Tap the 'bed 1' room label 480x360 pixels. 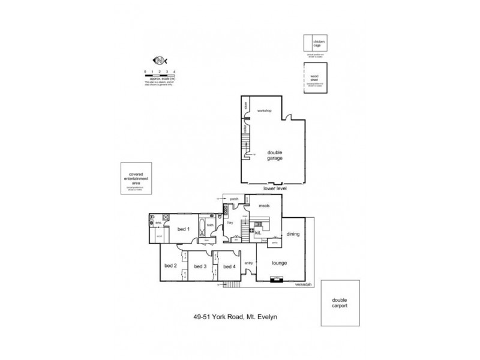pyautogui.click(x=184, y=229)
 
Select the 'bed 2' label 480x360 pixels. pyautogui.click(x=170, y=265)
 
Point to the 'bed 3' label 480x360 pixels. pyautogui.click(x=201, y=266)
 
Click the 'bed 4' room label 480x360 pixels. pyautogui.click(x=229, y=266)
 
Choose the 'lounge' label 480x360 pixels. pyautogui.click(x=280, y=263)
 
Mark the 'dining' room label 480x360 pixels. pyautogui.click(x=293, y=234)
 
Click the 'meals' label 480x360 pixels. pyautogui.click(x=265, y=206)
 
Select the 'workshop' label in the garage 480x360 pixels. pyautogui.click(x=265, y=111)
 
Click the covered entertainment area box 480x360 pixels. pyautogui.click(x=138, y=178)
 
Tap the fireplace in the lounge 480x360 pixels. pyautogui.click(x=276, y=278)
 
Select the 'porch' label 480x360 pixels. pyautogui.click(x=234, y=198)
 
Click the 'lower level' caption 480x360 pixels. pyautogui.click(x=275, y=188)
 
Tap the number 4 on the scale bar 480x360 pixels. pyautogui.click(x=174, y=71)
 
